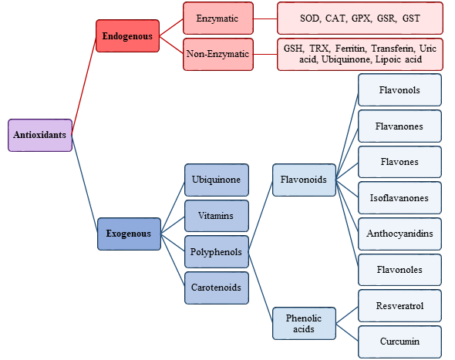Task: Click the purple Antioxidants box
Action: (40, 135)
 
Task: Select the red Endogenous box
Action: (128, 36)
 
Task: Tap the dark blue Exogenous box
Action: (129, 234)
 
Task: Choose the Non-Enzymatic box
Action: (218, 54)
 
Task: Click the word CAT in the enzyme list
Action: (335, 19)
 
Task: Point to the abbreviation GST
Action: (411, 19)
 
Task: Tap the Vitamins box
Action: (217, 216)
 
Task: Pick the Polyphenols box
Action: (217, 252)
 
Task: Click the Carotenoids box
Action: (217, 288)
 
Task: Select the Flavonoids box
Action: (304, 180)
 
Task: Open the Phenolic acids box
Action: (304, 324)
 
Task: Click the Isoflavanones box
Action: (399, 198)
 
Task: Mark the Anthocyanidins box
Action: (399, 234)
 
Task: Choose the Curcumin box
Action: (399, 341)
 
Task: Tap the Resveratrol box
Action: (399, 306)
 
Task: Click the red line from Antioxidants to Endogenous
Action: (84, 86)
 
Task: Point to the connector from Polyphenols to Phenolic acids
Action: (261, 287)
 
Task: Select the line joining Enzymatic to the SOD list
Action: (265, 19)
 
